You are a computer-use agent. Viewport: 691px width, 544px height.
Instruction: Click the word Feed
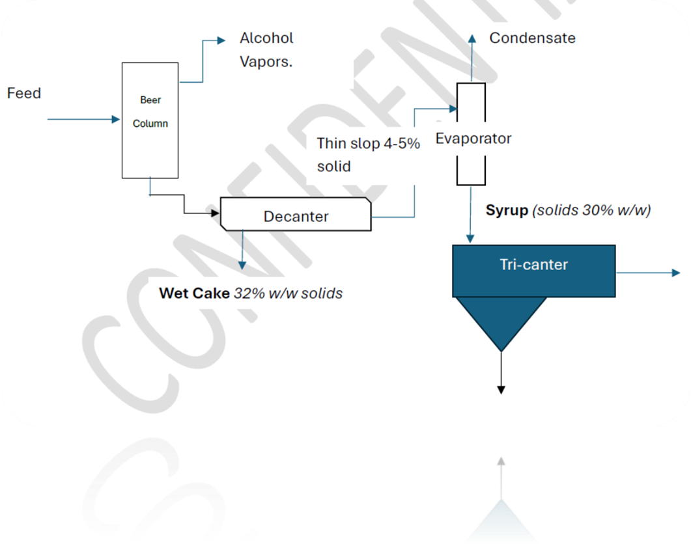pyautogui.click(x=24, y=93)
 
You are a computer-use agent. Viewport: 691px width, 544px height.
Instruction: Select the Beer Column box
pyautogui.click(x=150, y=120)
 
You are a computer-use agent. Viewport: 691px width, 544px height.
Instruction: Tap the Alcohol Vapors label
pyautogui.click(x=266, y=49)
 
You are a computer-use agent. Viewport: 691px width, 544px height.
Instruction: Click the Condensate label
pyautogui.click(x=532, y=38)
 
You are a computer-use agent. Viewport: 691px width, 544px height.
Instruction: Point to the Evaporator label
pyautogui.click(x=473, y=139)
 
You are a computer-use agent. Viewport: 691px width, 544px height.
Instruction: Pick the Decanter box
pyautogui.click(x=296, y=215)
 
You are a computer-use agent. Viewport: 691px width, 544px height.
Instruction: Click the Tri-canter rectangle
pyautogui.click(x=533, y=271)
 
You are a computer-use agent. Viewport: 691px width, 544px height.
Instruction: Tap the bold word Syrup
pyautogui.click(x=507, y=211)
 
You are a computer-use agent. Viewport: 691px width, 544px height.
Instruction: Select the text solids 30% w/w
pyautogui.click(x=591, y=211)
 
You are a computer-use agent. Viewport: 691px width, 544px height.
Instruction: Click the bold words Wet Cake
pyautogui.click(x=194, y=293)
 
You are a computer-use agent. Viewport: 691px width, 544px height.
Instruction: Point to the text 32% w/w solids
pyautogui.click(x=288, y=293)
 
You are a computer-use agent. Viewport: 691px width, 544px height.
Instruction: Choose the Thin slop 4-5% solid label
pyautogui.click(x=368, y=154)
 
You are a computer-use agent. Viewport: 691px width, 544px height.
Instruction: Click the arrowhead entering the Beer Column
pyautogui.click(x=117, y=120)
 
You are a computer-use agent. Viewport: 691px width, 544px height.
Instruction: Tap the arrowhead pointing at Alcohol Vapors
pyautogui.click(x=221, y=40)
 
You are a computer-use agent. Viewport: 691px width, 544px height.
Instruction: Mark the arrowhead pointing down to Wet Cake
pyautogui.click(x=242, y=265)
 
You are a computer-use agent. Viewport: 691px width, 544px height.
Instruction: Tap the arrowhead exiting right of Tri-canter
pyautogui.click(x=676, y=273)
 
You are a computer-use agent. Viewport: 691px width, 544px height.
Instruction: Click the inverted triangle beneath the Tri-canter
pyautogui.click(x=501, y=319)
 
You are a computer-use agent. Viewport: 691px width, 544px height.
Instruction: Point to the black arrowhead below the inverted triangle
pyautogui.click(x=501, y=390)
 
